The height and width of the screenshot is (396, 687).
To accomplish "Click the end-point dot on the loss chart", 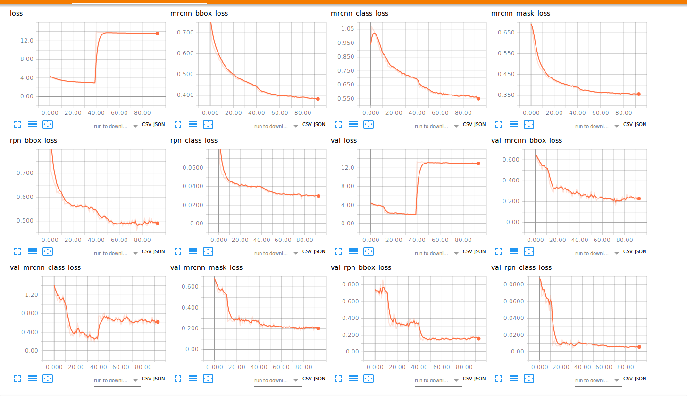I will (158, 34).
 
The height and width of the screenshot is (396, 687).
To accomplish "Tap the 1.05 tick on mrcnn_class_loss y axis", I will (347, 29).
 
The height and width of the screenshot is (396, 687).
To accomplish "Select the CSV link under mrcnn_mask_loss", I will (628, 125).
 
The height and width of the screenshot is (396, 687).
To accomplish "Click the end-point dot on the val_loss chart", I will (478, 164).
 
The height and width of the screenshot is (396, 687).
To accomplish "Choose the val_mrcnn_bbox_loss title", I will (527, 140).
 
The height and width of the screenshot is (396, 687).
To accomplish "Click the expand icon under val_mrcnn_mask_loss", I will (178, 378).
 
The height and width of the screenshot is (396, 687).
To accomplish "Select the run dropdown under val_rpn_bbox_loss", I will (438, 380).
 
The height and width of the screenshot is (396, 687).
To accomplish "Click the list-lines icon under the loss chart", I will (33, 124).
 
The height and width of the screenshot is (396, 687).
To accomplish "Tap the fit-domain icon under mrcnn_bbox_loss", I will (208, 124).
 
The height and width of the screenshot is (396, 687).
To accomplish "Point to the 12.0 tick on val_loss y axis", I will (348, 168).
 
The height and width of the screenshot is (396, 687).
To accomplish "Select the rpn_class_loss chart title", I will (194, 140).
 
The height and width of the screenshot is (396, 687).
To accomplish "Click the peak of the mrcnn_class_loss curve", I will (375, 33).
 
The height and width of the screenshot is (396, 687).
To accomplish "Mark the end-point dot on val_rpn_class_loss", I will (639, 347).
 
